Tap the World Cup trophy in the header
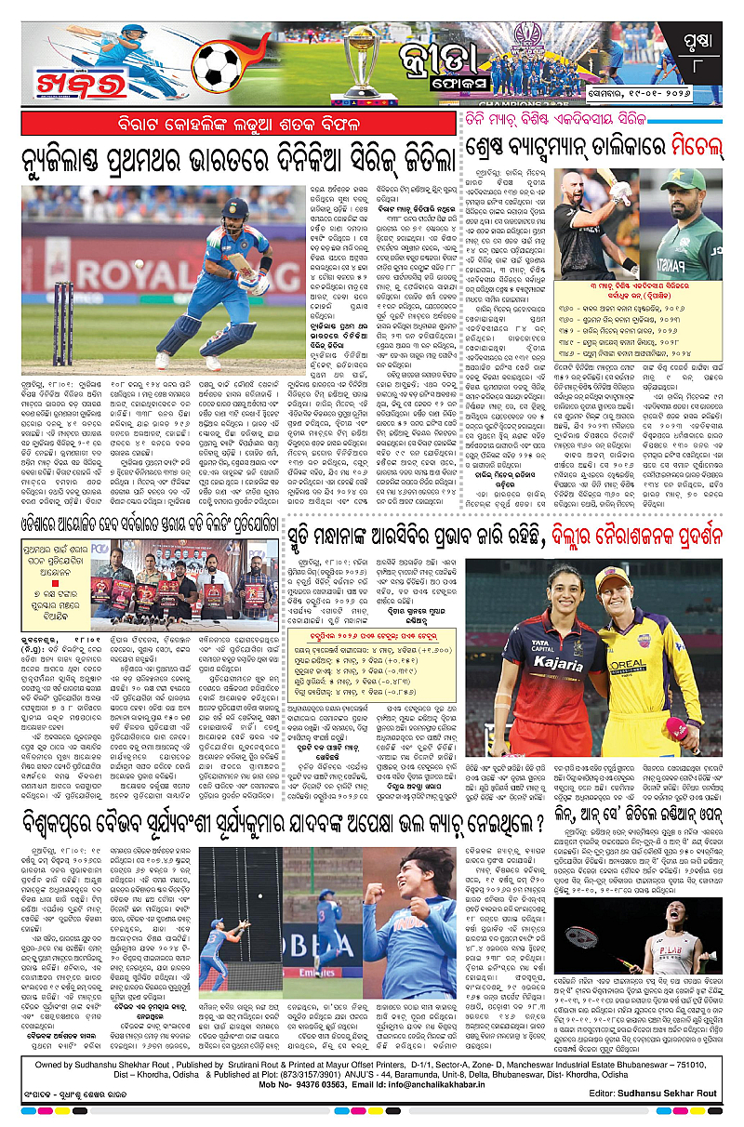point(358,56)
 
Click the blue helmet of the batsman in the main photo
point(236,208)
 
